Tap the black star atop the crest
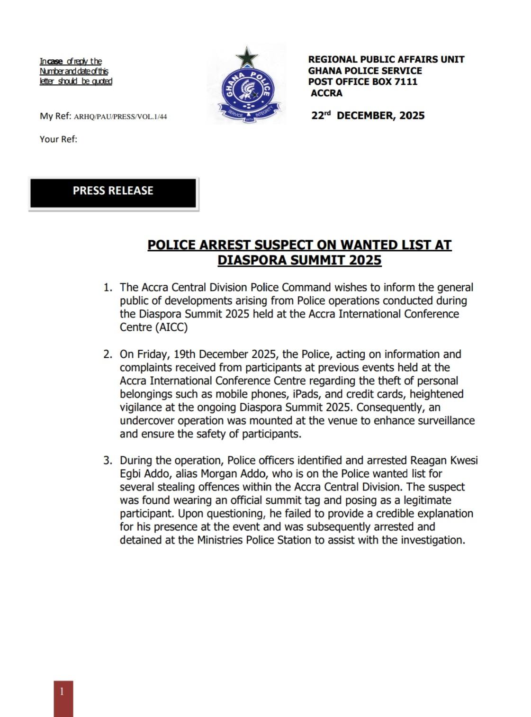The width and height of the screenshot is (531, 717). point(247,57)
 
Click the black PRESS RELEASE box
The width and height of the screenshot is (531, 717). point(113,192)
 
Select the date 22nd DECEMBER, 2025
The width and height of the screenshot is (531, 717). point(368,116)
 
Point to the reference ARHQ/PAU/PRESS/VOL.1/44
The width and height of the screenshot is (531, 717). point(120,117)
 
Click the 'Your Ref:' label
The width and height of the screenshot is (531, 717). point(58,139)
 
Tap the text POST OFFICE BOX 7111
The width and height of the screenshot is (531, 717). point(363,82)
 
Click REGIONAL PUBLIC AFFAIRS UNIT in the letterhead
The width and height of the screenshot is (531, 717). point(386,59)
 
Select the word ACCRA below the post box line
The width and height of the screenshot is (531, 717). point(326,93)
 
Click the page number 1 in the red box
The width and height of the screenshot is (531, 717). point(62,692)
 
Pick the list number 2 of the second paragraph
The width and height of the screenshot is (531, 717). point(108,354)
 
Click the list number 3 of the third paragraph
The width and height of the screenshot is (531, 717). point(108,461)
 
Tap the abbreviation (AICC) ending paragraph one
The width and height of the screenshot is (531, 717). point(171,327)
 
